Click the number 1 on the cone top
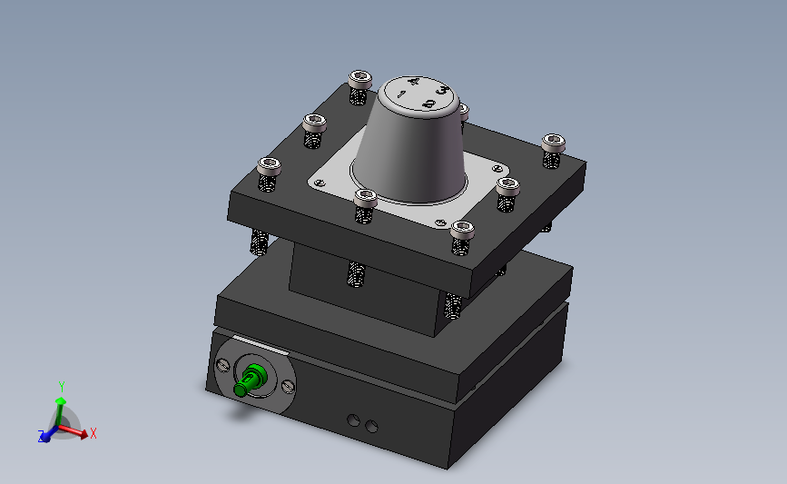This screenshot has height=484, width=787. pyautogui.click(x=401, y=94)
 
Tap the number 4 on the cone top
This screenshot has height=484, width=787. pyautogui.click(x=414, y=82)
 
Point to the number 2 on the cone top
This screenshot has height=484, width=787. pyautogui.click(x=428, y=104)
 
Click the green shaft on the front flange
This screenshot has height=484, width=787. pyautogui.click(x=250, y=380)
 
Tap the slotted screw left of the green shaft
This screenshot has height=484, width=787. pyautogui.click(x=222, y=365)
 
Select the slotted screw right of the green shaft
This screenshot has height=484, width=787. pyautogui.click(x=288, y=386)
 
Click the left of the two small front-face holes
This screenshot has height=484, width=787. pyautogui.click(x=353, y=420)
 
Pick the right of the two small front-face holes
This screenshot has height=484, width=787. pyautogui.click(x=371, y=426)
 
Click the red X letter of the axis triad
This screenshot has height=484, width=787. pyautogui.click(x=93, y=434)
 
